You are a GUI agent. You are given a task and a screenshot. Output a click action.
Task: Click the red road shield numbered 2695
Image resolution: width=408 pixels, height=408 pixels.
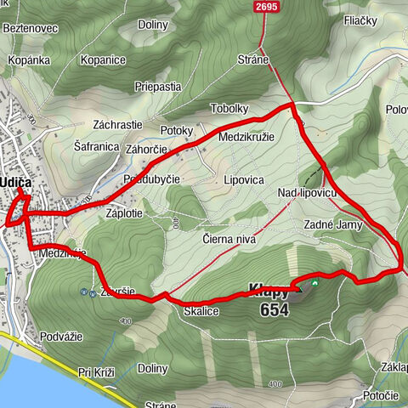point(266,7)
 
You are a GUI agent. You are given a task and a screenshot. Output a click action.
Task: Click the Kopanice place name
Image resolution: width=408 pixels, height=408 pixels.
point(104,61)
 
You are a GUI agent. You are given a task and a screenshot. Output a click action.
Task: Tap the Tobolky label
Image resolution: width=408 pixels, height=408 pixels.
point(230,109)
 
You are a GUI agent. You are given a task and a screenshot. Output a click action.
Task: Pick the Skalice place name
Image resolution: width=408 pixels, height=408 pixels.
point(201,312)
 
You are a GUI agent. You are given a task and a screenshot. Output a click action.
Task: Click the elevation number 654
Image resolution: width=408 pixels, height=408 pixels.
point(275,310)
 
